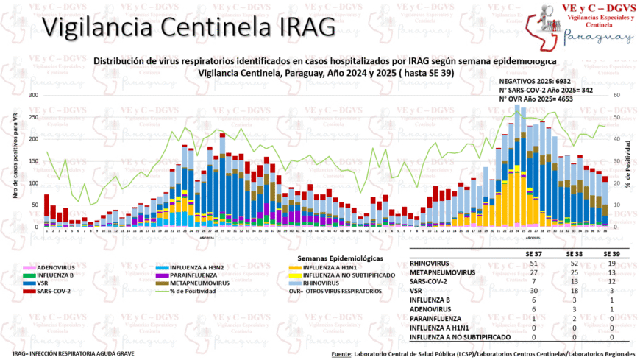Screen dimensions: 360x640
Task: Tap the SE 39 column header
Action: click(x=612, y=253)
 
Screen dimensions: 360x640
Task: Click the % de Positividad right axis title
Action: click(x=629, y=161)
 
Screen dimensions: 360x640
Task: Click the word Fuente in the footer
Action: click(x=342, y=354)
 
